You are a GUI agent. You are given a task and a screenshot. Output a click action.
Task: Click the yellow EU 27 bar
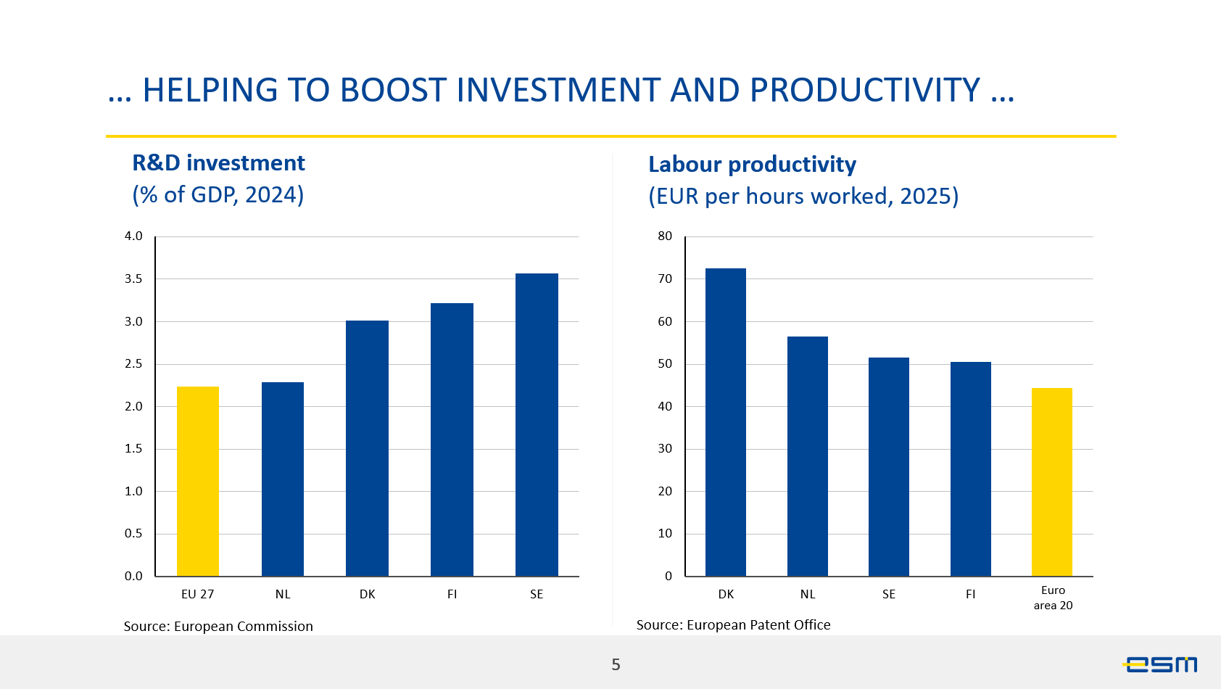tap(198, 482)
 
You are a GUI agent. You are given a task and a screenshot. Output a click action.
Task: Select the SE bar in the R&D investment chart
tap(537, 424)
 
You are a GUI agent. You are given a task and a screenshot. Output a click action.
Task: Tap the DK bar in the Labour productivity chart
tap(726, 422)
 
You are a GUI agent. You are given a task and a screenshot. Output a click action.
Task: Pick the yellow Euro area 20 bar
tap(1052, 482)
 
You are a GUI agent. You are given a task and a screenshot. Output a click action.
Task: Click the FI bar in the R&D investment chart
tap(452, 440)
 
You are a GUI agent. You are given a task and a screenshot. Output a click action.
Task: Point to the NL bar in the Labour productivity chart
tap(807, 456)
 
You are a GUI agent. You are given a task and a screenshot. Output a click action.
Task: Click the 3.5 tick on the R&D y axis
tap(133, 279)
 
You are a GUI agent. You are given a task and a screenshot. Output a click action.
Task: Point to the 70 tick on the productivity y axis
tap(665, 279)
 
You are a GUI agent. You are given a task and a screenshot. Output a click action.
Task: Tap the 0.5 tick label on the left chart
tap(133, 534)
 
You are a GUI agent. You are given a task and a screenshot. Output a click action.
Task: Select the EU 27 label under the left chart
tap(197, 594)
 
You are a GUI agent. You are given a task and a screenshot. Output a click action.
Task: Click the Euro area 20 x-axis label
tap(1053, 598)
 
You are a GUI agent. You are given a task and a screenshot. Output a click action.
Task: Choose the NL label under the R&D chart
tap(282, 594)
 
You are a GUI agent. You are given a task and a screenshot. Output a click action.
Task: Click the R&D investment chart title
tap(218, 163)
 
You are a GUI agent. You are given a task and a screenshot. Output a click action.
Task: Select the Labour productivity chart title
tap(752, 165)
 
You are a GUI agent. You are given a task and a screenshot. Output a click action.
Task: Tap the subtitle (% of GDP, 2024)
tap(218, 194)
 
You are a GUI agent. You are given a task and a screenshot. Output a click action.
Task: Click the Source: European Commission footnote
tap(218, 627)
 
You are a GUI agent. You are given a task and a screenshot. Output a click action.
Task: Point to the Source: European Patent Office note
tap(733, 624)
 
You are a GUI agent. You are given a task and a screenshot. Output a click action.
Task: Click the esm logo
tap(1159, 664)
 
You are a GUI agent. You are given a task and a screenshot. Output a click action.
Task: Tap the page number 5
tap(616, 664)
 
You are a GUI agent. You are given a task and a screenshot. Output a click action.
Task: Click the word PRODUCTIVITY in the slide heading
tap(865, 90)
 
